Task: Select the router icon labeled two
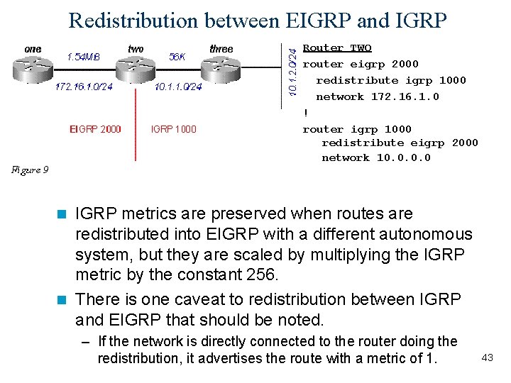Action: pyautogui.click(x=135, y=68)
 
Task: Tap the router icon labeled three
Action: pyautogui.click(x=221, y=68)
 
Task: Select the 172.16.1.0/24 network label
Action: pyautogui.click(x=84, y=87)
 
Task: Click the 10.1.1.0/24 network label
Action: pyautogui.click(x=178, y=87)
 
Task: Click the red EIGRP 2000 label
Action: pyautogui.click(x=95, y=129)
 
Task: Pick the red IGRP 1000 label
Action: pyautogui.click(x=174, y=129)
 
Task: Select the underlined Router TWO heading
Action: pyautogui.click(x=337, y=48)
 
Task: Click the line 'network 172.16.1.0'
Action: pyautogui.click(x=377, y=96)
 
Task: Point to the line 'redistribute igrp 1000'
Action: pyautogui.click(x=390, y=80)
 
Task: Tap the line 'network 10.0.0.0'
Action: pyautogui.click(x=375, y=157)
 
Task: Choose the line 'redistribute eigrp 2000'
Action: pyautogui.click(x=400, y=143)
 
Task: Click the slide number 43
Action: pyautogui.click(x=487, y=357)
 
